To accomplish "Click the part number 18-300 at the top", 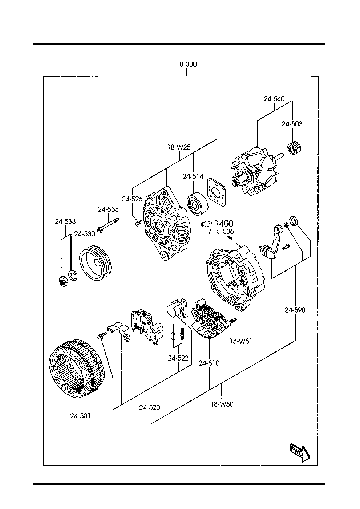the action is pyautogui.click(x=186, y=65).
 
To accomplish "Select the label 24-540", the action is pyautogui.click(x=274, y=99).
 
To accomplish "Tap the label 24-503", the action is pyautogui.click(x=292, y=124).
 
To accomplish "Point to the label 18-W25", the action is pyautogui.click(x=179, y=147).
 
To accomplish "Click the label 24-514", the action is pyautogui.click(x=193, y=176).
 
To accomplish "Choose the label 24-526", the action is pyautogui.click(x=132, y=199).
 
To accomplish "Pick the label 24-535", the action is pyautogui.click(x=108, y=209).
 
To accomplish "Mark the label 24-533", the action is pyautogui.click(x=65, y=221).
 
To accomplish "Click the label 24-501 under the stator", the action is pyautogui.click(x=81, y=416).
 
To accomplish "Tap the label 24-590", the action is pyautogui.click(x=295, y=310).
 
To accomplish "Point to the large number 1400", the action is pyautogui.click(x=224, y=224).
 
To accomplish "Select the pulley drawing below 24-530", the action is pyautogui.click(x=95, y=263).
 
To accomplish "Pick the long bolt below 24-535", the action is pyautogui.click(x=108, y=225).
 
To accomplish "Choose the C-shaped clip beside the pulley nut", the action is pyautogui.click(x=73, y=276).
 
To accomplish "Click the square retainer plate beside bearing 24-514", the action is pyautogui.click(x=217, y=192).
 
